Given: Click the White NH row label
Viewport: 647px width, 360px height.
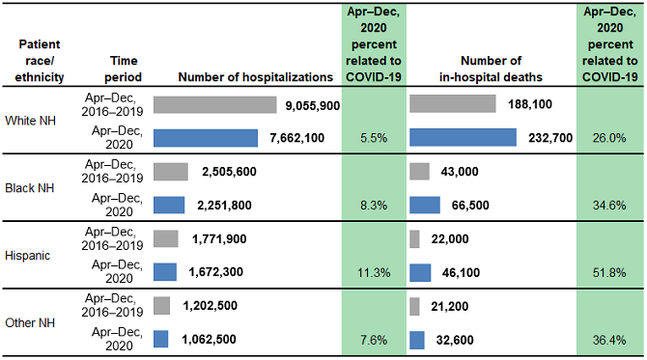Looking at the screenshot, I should click(31, 120).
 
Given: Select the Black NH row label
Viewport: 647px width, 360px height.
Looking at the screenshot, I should click(31, 187).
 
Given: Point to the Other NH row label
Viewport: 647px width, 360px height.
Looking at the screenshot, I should click(31, 322).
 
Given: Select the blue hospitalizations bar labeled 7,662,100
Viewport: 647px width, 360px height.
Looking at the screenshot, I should click(206, 138).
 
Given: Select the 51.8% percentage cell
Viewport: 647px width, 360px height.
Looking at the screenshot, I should click(608, 273).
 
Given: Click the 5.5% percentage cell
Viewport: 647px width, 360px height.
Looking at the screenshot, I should click(373, 138).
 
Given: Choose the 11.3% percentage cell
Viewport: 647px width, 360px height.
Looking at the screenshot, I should click(373, 273).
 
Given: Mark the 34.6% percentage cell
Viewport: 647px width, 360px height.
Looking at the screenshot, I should click(608, 206).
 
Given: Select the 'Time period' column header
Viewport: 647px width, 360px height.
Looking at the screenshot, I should click(125, 68).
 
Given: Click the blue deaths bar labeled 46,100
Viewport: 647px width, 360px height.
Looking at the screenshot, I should click(422, 273).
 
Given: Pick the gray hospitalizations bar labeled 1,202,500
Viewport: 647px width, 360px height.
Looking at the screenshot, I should click(162, 306).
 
